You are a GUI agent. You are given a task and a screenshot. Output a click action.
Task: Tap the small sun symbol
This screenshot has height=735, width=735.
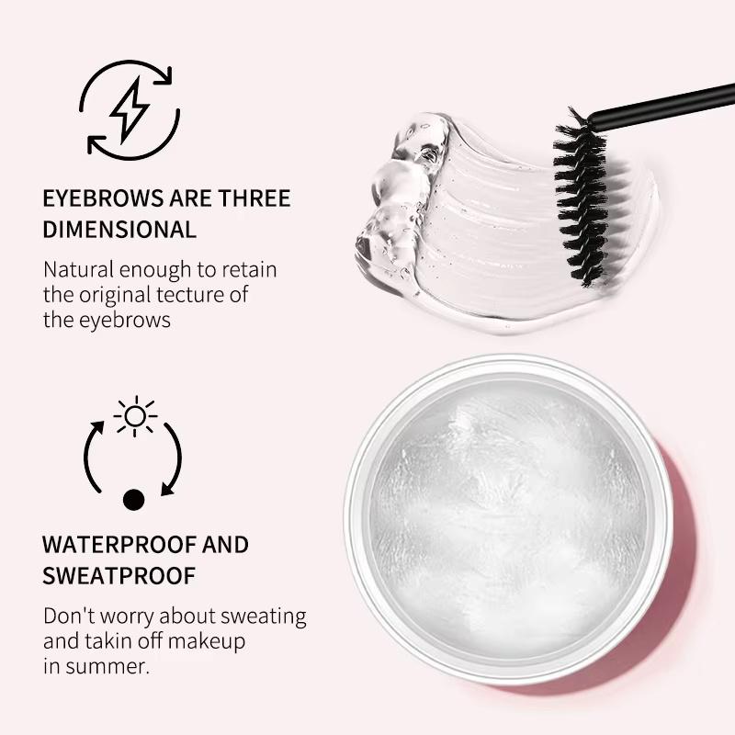point(135,416)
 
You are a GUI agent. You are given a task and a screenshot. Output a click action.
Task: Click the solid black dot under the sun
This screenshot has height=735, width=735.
point(134,500)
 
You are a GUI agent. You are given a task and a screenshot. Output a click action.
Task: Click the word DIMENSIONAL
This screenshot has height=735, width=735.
point(119,229)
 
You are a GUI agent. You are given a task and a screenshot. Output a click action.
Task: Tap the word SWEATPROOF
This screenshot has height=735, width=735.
point(119,576)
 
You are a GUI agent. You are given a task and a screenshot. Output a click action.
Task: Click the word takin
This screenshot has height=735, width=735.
point(115,640)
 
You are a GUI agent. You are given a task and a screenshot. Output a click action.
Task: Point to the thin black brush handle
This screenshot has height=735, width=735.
point(661,103)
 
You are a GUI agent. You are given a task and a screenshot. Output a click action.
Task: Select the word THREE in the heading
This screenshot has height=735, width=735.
point(254,198)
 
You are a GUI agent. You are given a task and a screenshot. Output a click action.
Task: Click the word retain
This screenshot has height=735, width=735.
point(248,270)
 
